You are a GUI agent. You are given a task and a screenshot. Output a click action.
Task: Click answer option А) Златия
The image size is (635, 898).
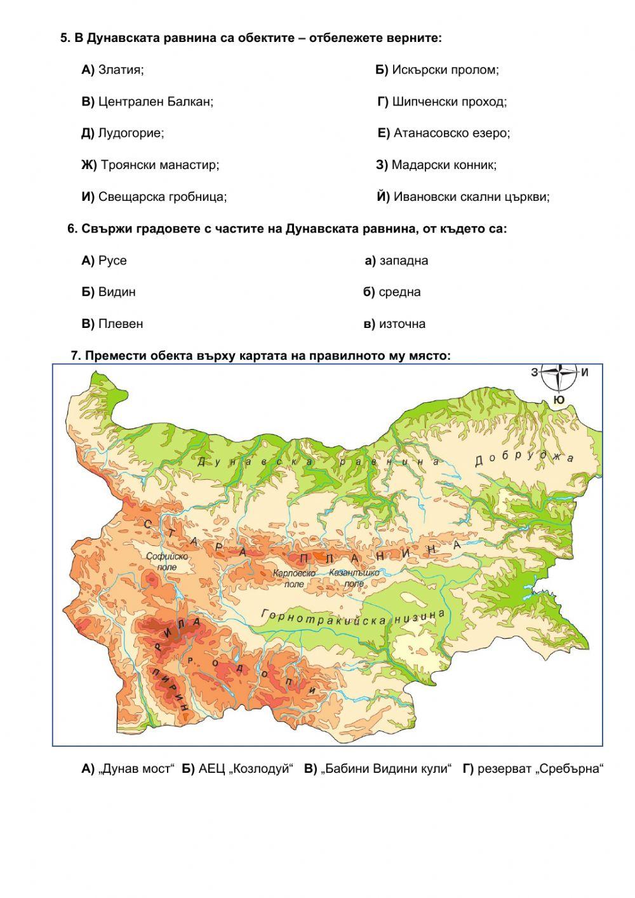tap(113, 70)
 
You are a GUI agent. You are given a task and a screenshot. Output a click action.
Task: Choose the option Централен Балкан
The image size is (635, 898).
tap(147, 102)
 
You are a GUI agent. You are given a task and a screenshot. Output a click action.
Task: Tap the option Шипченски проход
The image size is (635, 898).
tap(442, 102)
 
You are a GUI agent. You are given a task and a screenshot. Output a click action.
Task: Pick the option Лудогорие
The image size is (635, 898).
tap(123, 133)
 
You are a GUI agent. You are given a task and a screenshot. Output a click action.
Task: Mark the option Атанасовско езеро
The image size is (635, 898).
tap(444, 133)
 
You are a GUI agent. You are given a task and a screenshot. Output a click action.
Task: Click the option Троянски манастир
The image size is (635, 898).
tap(150, 165)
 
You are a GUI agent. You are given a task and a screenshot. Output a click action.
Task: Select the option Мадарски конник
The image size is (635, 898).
tap(436, 165)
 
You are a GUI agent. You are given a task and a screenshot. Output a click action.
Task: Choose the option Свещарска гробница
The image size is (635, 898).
tap(154, 197)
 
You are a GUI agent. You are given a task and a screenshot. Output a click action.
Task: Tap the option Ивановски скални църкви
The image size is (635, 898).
tap(464, 197)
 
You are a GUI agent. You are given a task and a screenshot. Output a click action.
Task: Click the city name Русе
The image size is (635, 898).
tap(104, 261)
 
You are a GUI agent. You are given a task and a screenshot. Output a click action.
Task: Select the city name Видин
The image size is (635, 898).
tap(109, 292)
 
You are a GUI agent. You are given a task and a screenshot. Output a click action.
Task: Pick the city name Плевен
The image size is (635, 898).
tap(112, 324)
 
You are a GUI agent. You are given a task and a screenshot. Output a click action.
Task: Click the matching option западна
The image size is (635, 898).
tap(396, 261)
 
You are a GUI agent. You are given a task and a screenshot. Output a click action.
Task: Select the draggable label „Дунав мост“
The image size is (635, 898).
tap(128, 769)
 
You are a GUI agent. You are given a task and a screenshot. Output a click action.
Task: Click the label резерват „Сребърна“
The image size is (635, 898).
tap(532, 769)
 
